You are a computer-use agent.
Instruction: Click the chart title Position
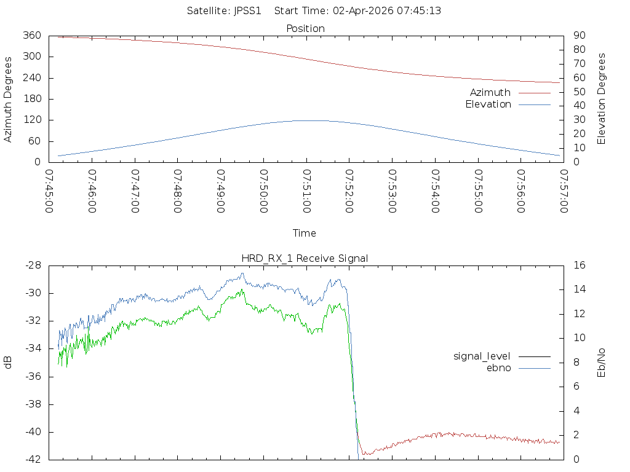[x=305, y=28]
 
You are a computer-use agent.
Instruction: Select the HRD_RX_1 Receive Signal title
[x=305, y=258]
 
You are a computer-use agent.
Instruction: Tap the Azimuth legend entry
[x=490, y=92]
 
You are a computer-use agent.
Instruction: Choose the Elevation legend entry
[x=488, y=104]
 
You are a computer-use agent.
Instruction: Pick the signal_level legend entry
[x=482, y=356]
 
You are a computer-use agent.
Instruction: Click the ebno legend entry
[x=498, y=368]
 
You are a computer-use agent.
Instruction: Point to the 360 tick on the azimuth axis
[x=31, y=36]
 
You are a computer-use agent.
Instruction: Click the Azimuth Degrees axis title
[x=9, y=99]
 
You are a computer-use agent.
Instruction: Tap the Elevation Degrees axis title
[x=602, y=99]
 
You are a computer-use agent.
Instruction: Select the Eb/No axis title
[x=602, y=362]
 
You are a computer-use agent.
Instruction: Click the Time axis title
[x=305, y=233]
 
